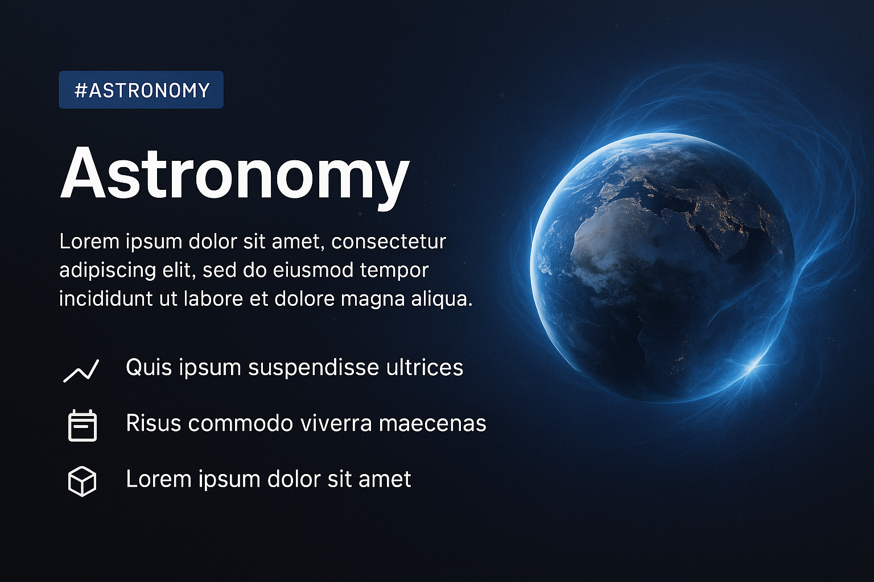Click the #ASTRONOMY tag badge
[x=141, y=90]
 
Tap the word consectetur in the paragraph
[x=389, y=242]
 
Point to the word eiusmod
[x=314, y=270]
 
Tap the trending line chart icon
[x=81, y=371]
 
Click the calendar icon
[x=83, y=425]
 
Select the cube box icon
[x=82, y=481]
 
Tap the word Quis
[x=149, y=367]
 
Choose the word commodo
[x=240, y=423]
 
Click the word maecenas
[x=432, y=424]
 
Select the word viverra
[x=336, y=423]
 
